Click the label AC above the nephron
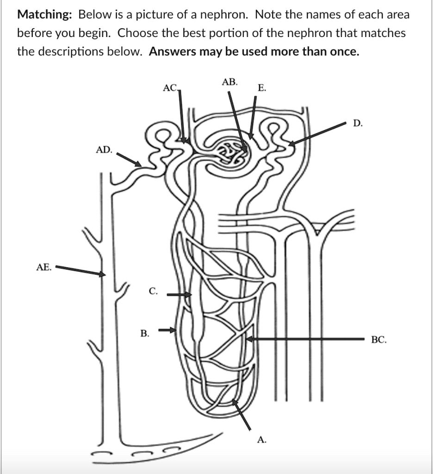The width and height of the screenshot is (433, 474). [170, 87]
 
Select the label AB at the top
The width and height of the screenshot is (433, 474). [229, 82]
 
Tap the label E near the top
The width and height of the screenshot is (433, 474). [262, 87]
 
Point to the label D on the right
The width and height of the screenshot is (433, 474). [358, 123]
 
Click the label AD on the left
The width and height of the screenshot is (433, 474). [104, 150]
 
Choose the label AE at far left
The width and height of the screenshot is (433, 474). [43, 267]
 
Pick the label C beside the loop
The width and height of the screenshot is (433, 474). [153, 291]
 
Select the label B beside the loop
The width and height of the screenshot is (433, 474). [145, 333]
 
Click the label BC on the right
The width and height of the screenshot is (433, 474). [379, 340]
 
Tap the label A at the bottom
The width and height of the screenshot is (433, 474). [262, 440]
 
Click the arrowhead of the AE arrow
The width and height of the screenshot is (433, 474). [103, 274]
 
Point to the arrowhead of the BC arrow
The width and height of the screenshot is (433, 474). [249, 339]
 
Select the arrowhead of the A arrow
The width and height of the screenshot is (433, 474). [235, 402]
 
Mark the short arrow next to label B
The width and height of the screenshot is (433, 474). [168, 330]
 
